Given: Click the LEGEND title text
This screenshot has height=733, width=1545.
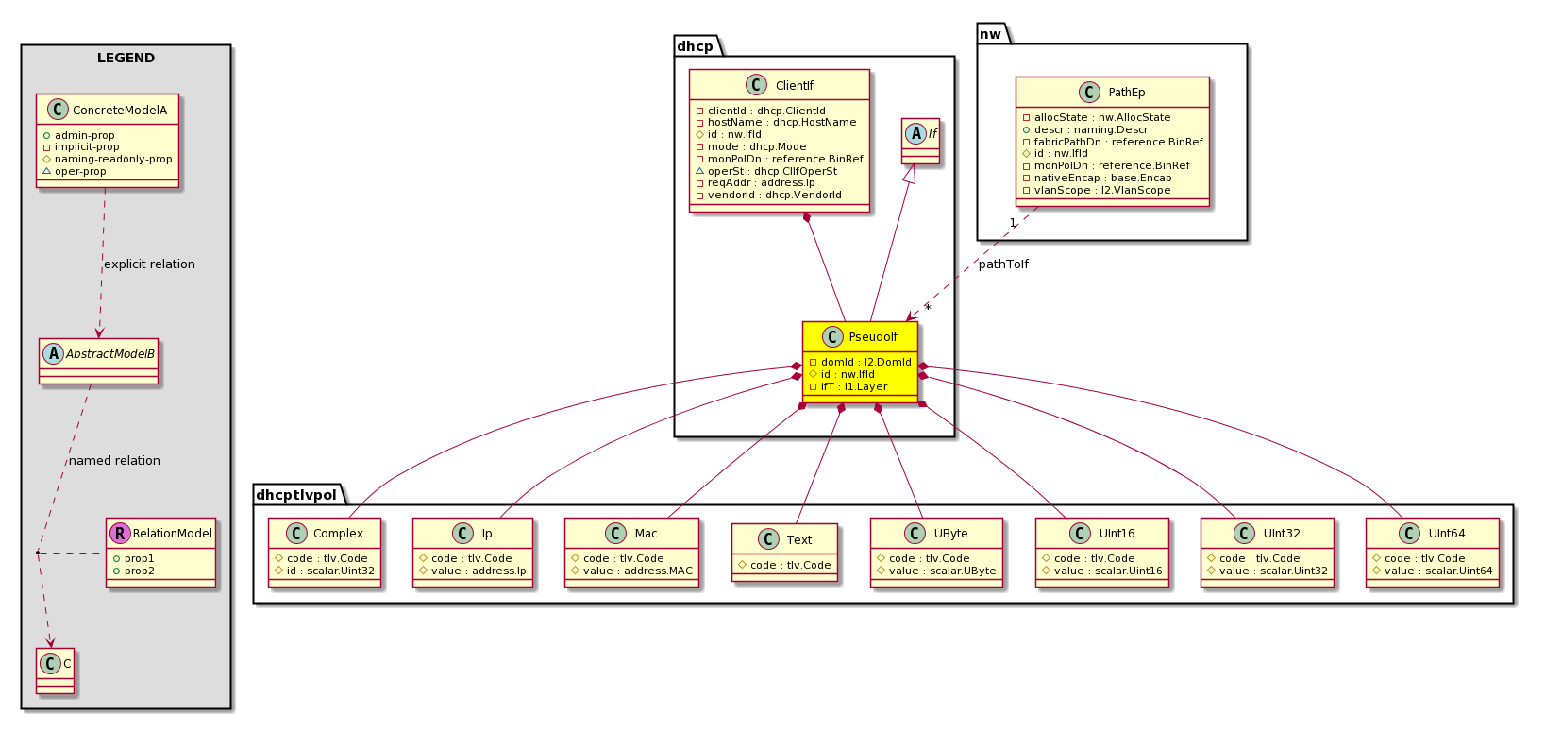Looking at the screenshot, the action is coord(126,58).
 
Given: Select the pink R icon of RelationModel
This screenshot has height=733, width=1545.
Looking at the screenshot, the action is coord(120,533).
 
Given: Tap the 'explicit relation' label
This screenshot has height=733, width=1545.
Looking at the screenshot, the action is coord(150,264).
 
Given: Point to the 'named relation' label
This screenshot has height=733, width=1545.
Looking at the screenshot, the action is coord(114,460).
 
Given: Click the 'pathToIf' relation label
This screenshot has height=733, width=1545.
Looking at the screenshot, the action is coord(1003,264).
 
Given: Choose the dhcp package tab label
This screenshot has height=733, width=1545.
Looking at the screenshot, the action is coord(696,46).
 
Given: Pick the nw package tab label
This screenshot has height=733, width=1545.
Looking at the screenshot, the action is coord(990,34).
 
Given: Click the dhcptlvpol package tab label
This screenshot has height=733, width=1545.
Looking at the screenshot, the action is coord(296,495).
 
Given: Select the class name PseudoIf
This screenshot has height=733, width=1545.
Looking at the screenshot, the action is coord(873,337).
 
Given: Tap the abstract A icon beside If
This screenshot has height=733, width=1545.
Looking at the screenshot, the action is coord(915,134).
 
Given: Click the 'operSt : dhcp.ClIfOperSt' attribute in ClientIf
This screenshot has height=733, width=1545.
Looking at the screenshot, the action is coord(772,171).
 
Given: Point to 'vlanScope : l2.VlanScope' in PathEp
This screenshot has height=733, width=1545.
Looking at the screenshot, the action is coord(1102,190).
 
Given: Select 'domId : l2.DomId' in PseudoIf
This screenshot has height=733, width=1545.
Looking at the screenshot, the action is coord(865,362).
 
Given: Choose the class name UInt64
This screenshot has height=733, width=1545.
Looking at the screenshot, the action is coord(1446,534).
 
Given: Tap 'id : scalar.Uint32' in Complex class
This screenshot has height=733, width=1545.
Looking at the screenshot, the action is coord(330,571).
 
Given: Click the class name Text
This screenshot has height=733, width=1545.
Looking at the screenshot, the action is coord(798,539).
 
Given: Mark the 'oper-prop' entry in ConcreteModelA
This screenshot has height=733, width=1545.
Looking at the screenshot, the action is coord(81,171).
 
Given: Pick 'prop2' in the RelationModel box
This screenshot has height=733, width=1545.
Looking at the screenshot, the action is coord(140,571).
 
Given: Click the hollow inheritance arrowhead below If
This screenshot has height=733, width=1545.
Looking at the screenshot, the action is coord(911,175).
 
